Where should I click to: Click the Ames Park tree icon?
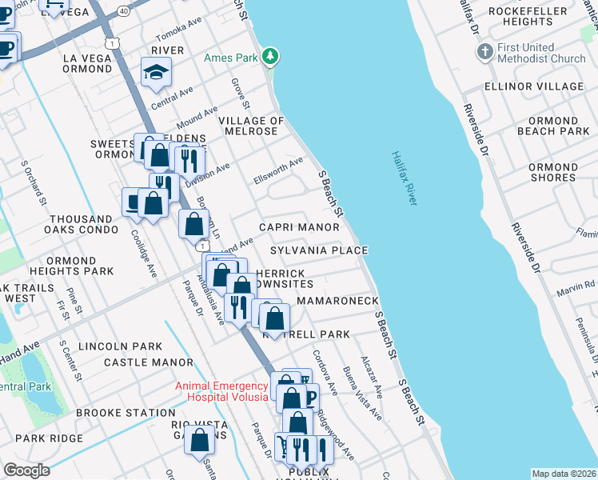[272, 56]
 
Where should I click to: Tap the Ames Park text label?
[233, 58]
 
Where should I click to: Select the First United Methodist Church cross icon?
[484, 53]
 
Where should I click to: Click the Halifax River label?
[405, 179]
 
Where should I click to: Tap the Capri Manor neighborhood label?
[299, 227]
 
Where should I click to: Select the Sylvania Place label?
[318, 250]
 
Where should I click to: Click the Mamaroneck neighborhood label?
[337, 301]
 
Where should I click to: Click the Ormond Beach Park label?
[552, 126]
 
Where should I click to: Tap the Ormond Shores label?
[552, 172]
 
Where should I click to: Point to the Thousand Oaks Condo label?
[81, 224]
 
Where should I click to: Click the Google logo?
[26, 470]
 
